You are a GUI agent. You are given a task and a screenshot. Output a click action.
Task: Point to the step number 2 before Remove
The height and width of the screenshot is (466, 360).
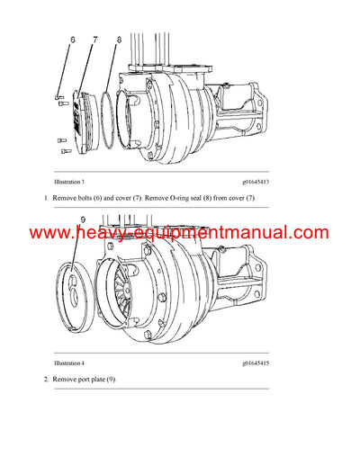pyautogui.click(x=46, y=380)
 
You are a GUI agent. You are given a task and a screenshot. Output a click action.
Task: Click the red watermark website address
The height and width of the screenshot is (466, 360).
pyautogui.click(x=179, y=233)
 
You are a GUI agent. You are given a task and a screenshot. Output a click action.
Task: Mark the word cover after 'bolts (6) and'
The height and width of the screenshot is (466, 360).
pyautogui.click(x=142, y=197)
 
